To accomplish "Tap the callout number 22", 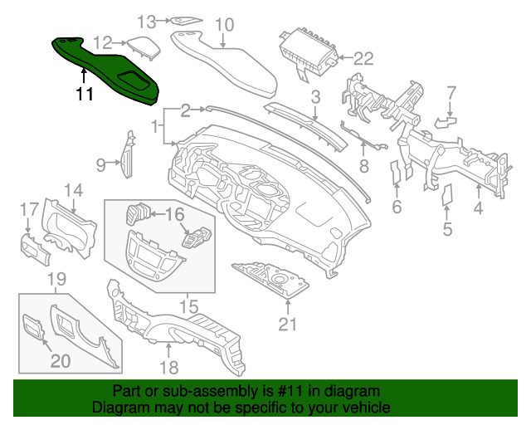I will point(364,58).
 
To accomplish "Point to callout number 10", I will point(225,25).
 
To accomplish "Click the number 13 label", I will point(146,20).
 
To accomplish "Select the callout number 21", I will point(287,325).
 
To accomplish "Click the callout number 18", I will point(168,367).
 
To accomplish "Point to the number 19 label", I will point(56,278).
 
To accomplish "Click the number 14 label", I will point(74,191).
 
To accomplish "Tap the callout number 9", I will point(100,165).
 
